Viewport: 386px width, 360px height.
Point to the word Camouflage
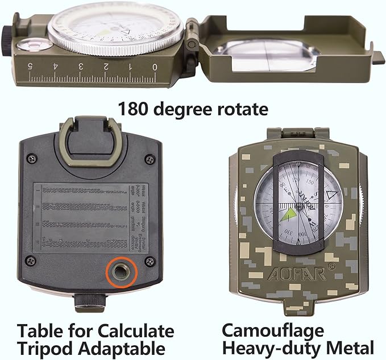273,330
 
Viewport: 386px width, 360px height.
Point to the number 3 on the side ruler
81,67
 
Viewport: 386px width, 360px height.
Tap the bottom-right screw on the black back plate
150,261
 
